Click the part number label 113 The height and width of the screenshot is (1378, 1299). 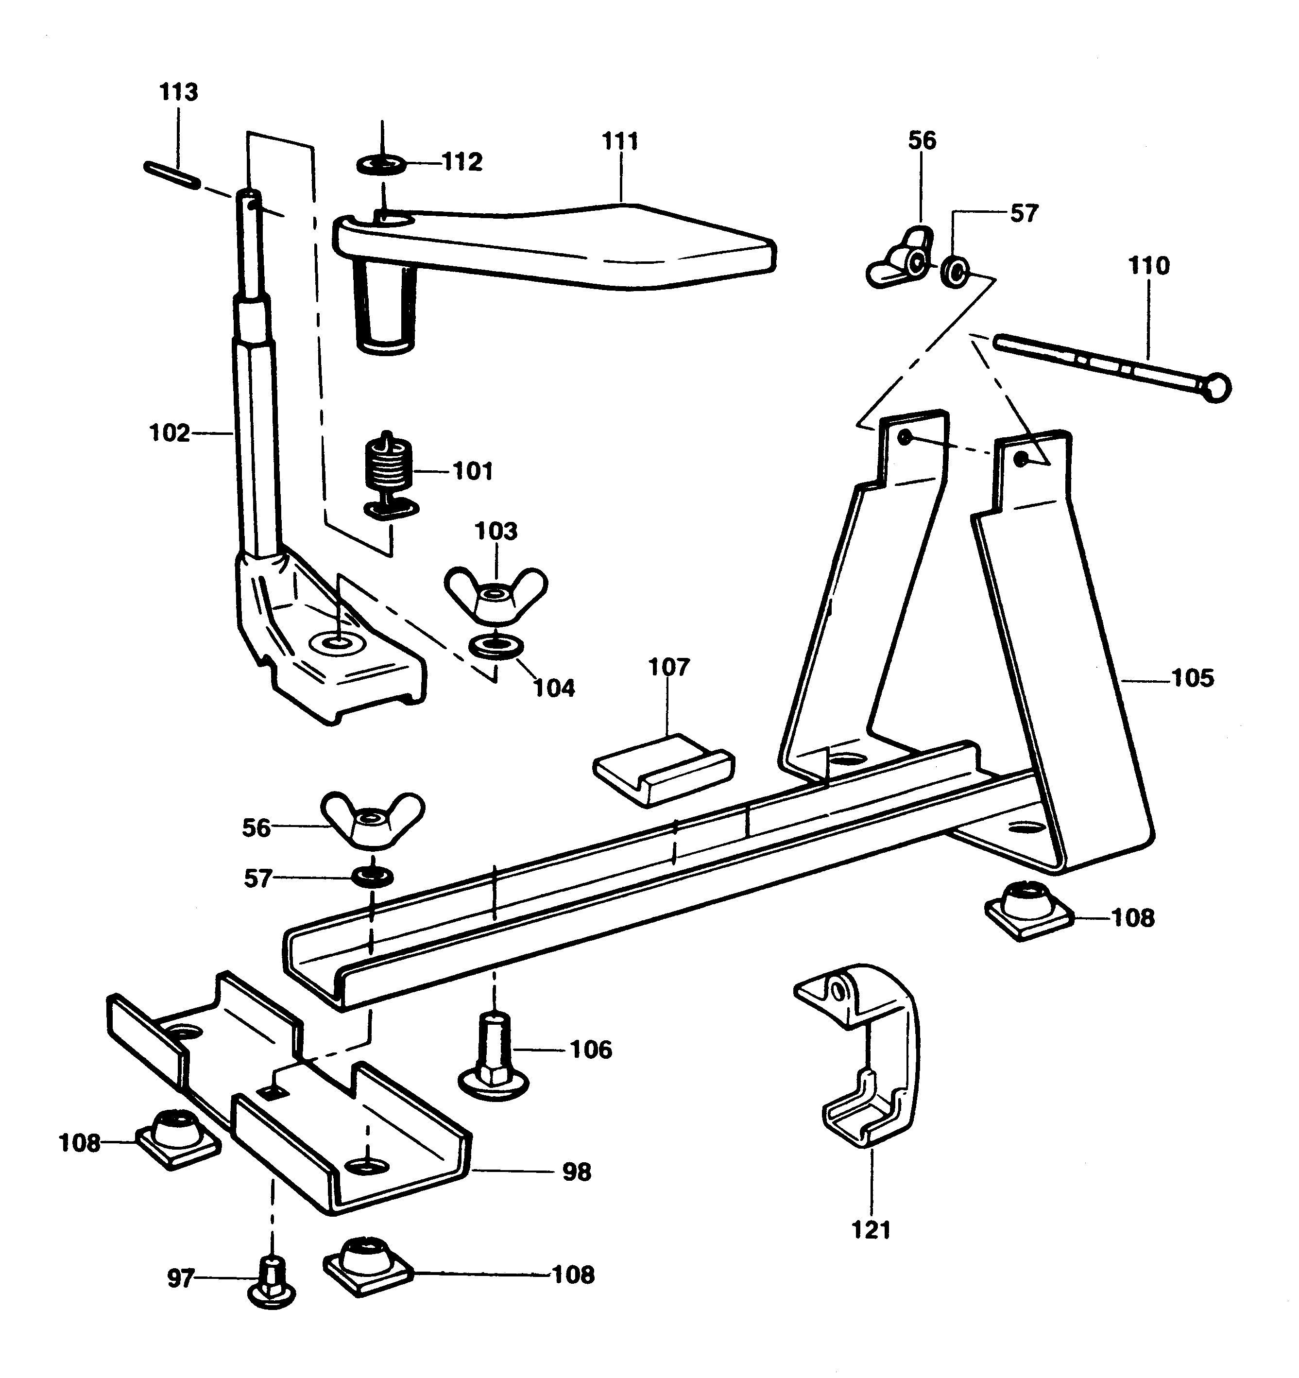178,92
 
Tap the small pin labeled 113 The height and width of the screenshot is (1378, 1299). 171,174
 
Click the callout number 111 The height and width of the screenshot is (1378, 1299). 620,141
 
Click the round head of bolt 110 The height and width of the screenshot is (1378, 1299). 1216,388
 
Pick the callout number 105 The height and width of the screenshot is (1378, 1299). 1192,678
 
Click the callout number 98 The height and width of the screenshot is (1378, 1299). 576,1172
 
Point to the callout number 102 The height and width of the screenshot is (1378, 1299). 169,433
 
